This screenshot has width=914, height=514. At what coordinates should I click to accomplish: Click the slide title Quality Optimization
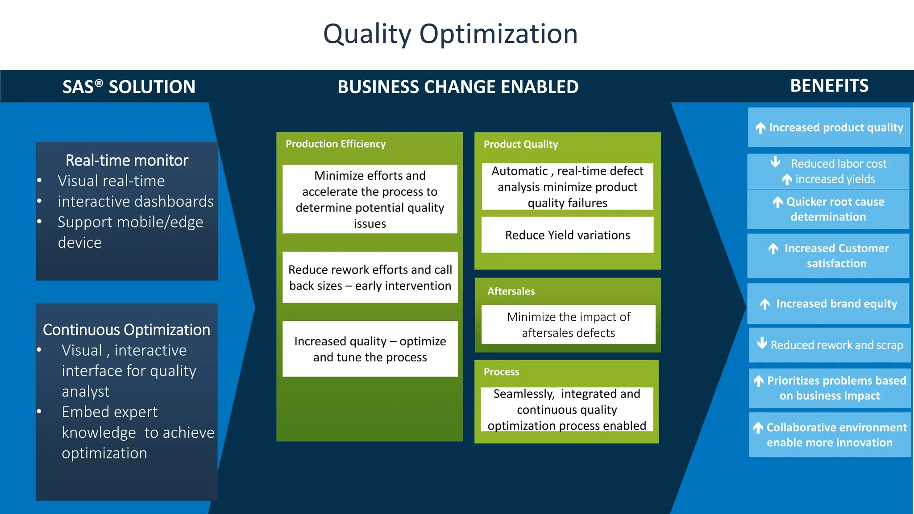[450, 34]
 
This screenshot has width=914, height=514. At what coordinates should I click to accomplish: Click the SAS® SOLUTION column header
[129, 87]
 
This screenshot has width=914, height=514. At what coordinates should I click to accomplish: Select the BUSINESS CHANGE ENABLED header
[458, 87]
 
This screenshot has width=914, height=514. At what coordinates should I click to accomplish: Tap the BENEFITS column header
[829, 86]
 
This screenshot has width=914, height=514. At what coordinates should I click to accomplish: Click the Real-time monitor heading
[127, 160]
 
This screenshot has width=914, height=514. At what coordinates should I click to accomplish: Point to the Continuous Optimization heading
[126, 330]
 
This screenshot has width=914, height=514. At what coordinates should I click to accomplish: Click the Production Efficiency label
[336, 144]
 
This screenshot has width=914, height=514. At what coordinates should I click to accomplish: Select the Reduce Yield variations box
[567, 235]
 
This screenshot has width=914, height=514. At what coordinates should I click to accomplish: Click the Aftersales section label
[511, 291]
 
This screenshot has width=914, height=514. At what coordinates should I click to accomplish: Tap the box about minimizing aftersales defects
[568, 325]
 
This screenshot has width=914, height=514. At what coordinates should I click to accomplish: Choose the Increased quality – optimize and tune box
[370, 349]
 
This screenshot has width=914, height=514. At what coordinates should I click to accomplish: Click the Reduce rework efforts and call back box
[370, 278]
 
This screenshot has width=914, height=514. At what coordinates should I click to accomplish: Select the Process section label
[501, 372]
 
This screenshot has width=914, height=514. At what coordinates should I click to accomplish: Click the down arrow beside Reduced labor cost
[776, 162]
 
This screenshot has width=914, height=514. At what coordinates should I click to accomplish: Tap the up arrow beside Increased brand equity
[765, 304]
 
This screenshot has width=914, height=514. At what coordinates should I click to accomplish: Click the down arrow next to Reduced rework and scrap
[762, 344]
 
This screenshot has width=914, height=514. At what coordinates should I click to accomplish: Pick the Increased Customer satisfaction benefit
[836, 256]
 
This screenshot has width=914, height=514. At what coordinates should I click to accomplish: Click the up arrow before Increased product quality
[760, 128]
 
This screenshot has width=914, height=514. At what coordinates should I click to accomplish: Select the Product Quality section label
[521, 144]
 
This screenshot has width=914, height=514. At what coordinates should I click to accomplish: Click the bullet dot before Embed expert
[39, 411]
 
